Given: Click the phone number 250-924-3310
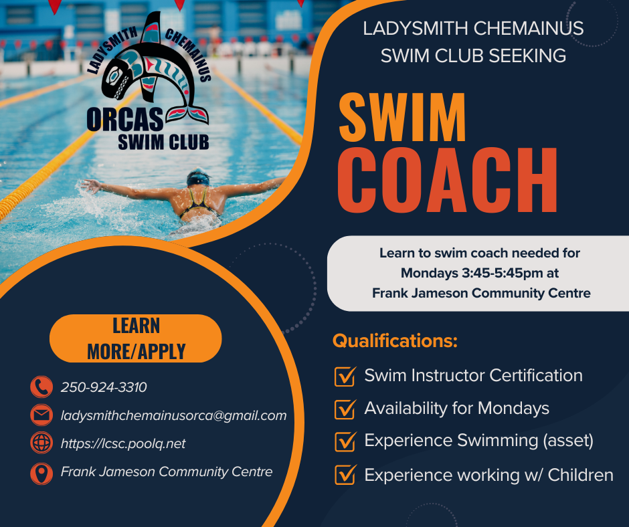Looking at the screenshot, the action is [104, 387].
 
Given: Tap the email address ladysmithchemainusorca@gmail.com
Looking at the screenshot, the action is [174, 415].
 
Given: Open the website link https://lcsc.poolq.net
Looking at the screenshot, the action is [123, 443].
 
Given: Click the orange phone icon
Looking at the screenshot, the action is [41, 387].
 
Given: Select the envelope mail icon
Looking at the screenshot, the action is [41, 415].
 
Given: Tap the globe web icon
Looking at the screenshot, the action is [41, 443].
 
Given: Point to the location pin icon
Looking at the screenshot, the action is [41, 473].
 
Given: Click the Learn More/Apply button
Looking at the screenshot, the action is [136, 338].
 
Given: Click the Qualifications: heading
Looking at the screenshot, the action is [395, 341].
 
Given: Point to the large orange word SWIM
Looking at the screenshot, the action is [402, 118].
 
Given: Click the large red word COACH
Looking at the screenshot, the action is [447, 180].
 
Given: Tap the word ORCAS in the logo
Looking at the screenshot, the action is [124, 119].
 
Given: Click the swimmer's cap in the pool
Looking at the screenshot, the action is [198, 178].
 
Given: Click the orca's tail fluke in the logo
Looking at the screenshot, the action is [188, 114].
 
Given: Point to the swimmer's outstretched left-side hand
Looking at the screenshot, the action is [90, 185].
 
